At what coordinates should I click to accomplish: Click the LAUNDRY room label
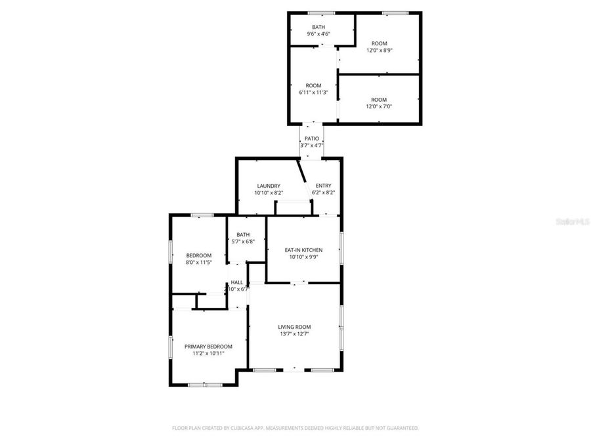coord(269,186)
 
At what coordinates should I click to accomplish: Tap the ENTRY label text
coord(323,186)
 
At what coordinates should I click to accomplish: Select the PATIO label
coord(312,138)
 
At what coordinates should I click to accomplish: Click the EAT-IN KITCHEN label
coord(303,250)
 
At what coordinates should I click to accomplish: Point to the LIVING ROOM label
coord(294,327)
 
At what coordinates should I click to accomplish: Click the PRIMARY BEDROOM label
coord(208,347)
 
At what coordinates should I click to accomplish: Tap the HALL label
coord(236,282)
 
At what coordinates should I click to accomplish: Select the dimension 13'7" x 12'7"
coord(294,334)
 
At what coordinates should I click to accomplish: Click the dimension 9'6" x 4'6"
coord(318,33)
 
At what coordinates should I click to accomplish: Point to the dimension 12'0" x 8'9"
coord(379,51)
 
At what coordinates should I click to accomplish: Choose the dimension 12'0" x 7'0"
coord(379,106)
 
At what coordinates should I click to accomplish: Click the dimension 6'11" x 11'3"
coord(313,93)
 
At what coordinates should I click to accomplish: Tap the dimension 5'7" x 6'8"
coord(243,242)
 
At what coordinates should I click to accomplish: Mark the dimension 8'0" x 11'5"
coord(198,262)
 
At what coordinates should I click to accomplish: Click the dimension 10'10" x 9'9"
coord(303,257)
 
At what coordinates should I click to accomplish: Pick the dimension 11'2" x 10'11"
coord(208,354)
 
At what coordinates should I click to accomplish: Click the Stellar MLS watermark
coord(573,222)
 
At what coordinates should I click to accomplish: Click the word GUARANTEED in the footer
coord(401,428)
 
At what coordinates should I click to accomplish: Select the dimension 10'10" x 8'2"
coord(269,193)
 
